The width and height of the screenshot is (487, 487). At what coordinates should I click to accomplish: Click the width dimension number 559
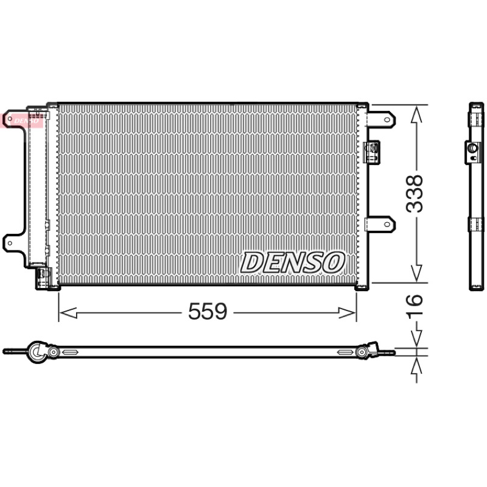click(x=208, y=311)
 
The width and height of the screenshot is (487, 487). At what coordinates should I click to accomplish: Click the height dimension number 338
click(x=415, y=194)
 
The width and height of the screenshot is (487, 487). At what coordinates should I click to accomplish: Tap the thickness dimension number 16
click(x=415, y=304)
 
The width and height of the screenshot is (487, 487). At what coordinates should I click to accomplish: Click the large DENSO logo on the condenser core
click(x=293, y=262)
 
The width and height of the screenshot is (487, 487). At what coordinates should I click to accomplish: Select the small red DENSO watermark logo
click(x=22, y=121)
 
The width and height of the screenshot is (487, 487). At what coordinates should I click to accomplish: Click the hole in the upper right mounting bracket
click(x=387, y=119)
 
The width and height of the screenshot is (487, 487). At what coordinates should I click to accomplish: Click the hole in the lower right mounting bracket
click(x=387, y=224)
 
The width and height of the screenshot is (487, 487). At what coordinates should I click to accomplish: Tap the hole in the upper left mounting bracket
click(x=10, y=119)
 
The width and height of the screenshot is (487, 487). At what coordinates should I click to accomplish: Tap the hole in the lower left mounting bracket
click(x=10, y=243)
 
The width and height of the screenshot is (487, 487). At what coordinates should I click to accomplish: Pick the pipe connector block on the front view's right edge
click(x=371, y=152)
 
